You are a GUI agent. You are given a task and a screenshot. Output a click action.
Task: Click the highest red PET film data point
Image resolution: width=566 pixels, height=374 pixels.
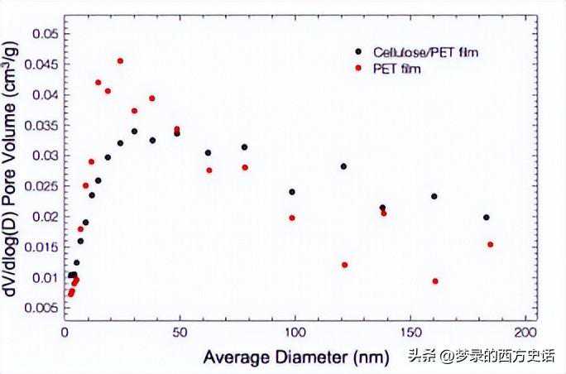tap(120, 60)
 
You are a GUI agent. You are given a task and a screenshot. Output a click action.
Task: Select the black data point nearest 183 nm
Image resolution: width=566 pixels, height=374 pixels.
tap(487, 218)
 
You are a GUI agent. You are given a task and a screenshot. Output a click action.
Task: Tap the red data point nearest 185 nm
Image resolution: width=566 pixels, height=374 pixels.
tap(490, 244)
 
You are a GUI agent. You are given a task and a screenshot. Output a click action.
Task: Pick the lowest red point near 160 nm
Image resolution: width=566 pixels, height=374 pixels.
tap(435, 281)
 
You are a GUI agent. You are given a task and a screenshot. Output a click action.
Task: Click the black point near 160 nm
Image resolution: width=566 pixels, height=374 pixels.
tap(434, 196)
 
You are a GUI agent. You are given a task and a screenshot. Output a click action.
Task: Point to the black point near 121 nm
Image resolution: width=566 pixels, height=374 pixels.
tap(343, 166)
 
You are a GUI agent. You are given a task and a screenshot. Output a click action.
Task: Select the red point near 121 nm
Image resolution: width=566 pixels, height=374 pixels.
tap(344, 265)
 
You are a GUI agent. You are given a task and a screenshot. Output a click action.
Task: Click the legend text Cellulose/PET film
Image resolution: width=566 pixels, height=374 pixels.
tap(425, 52)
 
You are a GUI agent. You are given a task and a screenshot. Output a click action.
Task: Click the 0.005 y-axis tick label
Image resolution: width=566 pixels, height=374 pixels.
tap(41, 308)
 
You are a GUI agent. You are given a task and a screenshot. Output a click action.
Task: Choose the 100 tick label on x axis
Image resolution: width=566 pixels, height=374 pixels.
tap(294, 332)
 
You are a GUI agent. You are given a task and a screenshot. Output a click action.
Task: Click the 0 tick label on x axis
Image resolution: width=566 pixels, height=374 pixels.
tap(65, 332)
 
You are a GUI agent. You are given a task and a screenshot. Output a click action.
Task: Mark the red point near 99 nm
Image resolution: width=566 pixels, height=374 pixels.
tap(292, 218)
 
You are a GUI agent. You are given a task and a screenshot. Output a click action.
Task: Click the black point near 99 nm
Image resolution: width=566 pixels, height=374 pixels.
tap(292, 192)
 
